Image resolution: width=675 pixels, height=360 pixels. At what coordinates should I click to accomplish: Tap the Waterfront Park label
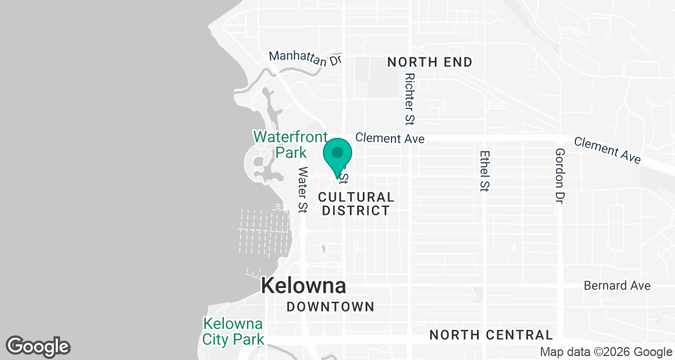290,145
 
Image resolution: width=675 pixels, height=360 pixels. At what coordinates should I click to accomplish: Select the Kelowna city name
304,286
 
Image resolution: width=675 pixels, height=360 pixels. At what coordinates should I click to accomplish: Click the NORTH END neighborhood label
430,62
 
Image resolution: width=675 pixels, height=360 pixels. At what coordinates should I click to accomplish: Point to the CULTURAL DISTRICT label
355,204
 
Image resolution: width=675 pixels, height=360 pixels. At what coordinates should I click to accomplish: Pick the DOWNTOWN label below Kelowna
330,307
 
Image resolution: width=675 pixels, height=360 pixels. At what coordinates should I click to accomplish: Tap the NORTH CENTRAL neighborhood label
491,335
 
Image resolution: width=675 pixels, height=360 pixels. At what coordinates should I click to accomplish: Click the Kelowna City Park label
233,331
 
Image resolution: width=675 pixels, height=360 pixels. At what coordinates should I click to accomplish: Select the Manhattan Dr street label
305,58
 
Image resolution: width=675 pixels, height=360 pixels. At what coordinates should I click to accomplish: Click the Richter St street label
409,98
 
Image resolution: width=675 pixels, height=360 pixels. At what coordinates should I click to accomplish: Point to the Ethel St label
483,171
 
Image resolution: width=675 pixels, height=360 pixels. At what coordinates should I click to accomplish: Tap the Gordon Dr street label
559,175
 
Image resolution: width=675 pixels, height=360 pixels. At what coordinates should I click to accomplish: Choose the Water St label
303,190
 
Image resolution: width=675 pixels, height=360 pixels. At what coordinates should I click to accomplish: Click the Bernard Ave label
617,286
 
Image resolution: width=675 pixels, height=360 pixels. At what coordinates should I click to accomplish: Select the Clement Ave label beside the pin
390,138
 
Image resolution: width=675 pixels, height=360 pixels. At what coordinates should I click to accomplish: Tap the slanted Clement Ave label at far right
607,150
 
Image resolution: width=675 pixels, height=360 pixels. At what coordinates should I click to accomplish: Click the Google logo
38,346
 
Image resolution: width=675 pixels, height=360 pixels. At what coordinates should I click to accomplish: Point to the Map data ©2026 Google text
605,352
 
